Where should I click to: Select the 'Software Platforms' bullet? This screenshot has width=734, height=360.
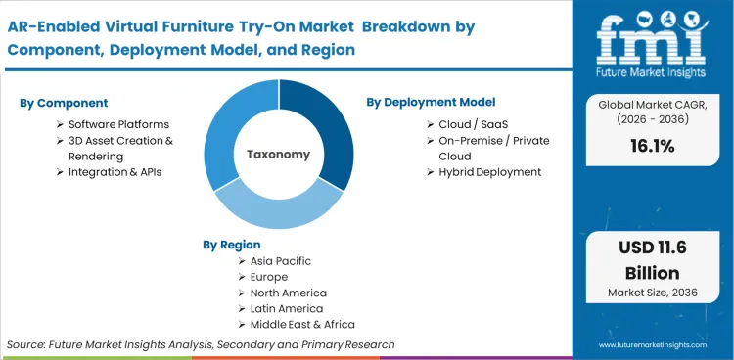tap(118, 124)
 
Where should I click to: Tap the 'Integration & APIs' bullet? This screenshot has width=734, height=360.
tap(115, 171)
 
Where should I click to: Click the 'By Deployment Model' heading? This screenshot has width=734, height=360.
tap(431, 102)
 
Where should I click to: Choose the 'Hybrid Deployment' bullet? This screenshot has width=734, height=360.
tap(490, 171)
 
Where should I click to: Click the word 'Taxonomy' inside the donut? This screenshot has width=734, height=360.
tap(279, 155)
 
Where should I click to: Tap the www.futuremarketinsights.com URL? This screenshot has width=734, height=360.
tap(653, 345)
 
